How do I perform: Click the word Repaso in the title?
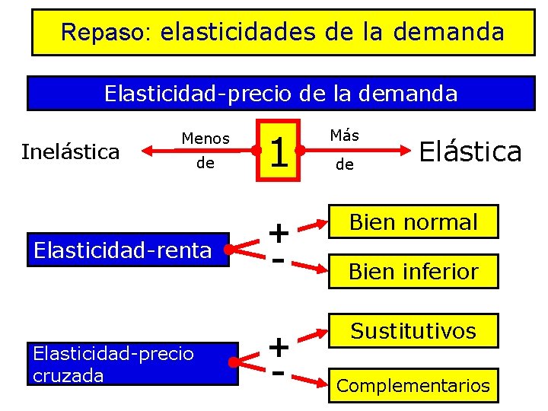click(94, 32)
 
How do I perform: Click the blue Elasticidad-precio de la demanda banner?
click(281, 94)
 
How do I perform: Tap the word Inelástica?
click(71, 151)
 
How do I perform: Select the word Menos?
click(205, 139)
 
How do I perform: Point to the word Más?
click(345, 135)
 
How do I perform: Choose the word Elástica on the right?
click(470, 151)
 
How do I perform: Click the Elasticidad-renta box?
click(129, 250)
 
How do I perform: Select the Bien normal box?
click(413, 222)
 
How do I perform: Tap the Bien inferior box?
click(413, 271)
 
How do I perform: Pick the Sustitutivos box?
click(413, 331)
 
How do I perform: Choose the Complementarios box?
click(413, 386)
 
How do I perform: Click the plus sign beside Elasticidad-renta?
click(279, 231)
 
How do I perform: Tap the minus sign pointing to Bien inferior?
click(279, 260)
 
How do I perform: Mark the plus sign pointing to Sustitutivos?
click(279, 347)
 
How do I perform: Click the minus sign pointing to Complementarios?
click(279, 374)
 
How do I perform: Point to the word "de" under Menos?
click(205, 164)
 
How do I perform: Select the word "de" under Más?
click(345, 164)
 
